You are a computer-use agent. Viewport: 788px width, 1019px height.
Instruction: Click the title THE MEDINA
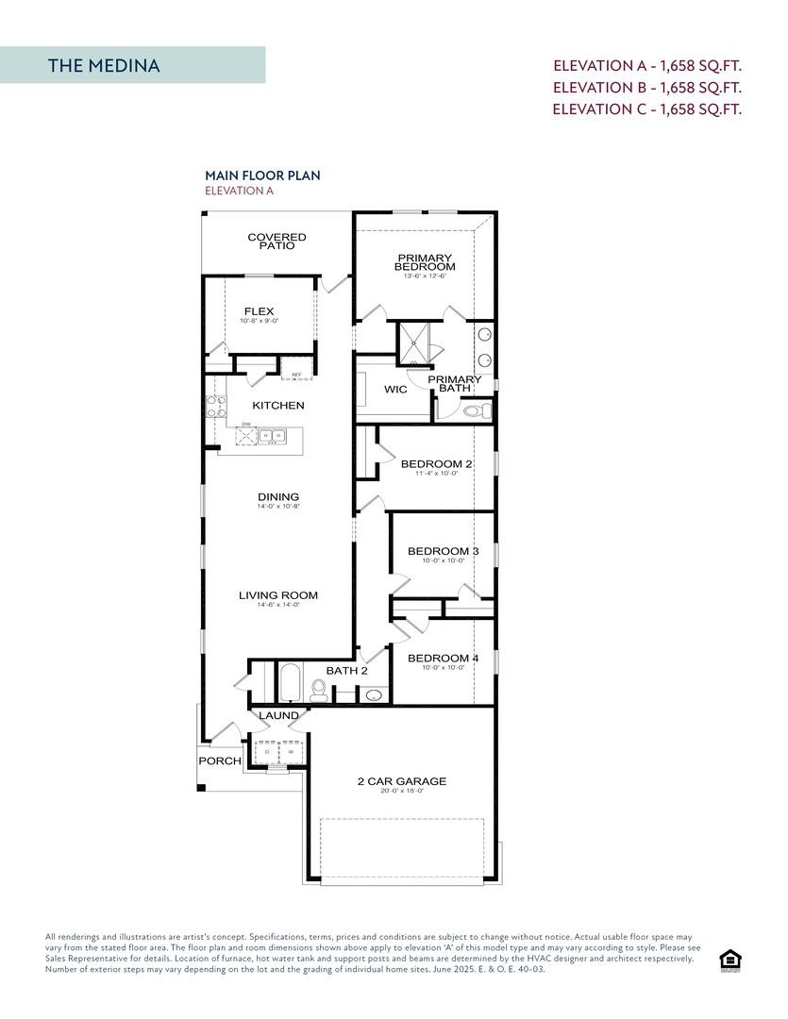(x=104, y=65)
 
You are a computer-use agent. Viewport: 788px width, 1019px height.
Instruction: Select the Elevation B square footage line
(x=646, y=87)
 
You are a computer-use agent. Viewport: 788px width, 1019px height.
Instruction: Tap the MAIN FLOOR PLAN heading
(x=262, y=175)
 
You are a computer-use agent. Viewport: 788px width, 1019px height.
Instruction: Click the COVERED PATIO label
(x=277, y=242)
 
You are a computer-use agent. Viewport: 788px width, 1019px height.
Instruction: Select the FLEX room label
(x=259, y=311)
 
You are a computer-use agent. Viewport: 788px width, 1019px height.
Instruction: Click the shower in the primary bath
(x=411, y=343)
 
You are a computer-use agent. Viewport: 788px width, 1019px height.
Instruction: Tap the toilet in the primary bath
(x=477, y=410)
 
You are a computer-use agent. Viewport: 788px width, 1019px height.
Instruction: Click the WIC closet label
(x=395, y=389)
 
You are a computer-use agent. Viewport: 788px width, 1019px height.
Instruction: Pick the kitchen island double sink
(x=273, y=436)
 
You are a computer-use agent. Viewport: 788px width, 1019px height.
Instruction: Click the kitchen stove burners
(x=216, y=407)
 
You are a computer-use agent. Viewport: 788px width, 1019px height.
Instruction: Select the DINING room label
(x=277, y=497)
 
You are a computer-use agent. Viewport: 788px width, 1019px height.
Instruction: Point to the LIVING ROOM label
(x=277, y=595)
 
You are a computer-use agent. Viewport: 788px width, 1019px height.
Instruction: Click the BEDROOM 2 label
(x=436, y=463)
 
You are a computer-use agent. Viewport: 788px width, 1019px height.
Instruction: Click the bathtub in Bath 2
(x=290, y=684)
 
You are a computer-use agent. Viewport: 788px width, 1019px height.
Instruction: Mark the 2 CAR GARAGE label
(x=401, y=781)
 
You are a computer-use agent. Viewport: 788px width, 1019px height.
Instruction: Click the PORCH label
(x=219, y=760)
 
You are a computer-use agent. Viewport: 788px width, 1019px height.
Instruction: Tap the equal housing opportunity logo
(x=729, y=960)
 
